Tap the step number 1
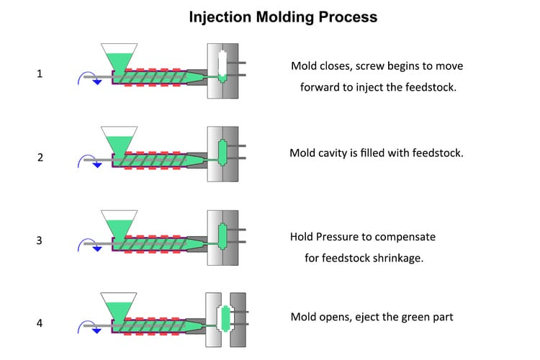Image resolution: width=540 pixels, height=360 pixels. click(40, 73)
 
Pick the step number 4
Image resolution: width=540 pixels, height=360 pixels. click(40, 323)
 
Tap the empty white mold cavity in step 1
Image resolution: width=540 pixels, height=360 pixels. click(222, 67)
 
